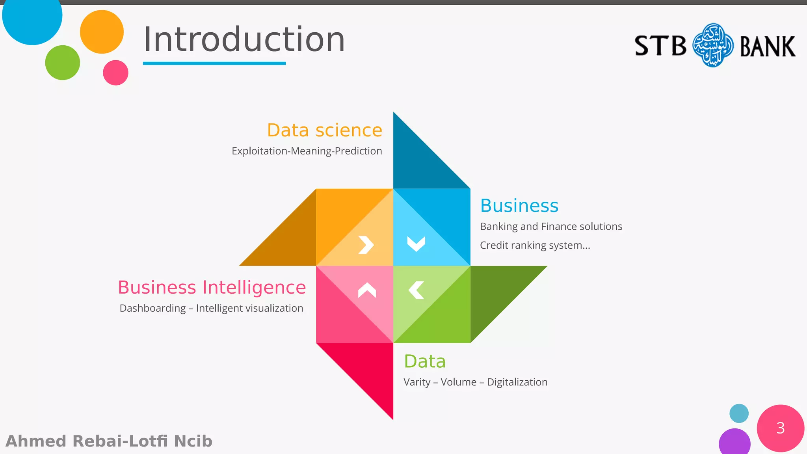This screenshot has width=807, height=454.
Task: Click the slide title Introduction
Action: (244, 39)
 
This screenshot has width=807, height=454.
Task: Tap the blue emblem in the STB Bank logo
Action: (713, 45)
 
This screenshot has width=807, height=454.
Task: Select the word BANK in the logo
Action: (767, 47)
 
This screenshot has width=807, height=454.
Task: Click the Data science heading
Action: (324, 130)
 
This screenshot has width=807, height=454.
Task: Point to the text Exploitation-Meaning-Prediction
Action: (307, 151)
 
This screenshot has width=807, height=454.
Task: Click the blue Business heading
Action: (519, 206)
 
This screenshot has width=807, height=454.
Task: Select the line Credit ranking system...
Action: (535, 245)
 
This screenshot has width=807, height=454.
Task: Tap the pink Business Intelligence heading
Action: (212, 287)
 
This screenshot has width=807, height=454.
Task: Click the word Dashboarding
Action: (152, 308)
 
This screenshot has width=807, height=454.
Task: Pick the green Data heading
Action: (424, 361)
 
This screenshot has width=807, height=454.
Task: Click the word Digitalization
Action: (517, 382)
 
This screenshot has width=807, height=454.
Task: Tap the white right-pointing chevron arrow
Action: (366, 245)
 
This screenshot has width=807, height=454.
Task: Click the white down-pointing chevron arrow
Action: (416, 244)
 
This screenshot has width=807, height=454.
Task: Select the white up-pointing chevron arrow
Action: (367, 290)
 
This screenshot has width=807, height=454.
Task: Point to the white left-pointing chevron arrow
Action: (417, 290)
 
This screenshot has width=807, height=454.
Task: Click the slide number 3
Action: (780, 428)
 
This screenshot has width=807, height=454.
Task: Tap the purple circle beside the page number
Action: (734, 442)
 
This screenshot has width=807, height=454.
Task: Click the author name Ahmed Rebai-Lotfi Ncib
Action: (109, 441)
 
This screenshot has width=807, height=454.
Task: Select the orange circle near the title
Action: (102, 32)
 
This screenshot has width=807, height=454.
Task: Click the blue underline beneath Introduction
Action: (214, 63)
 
